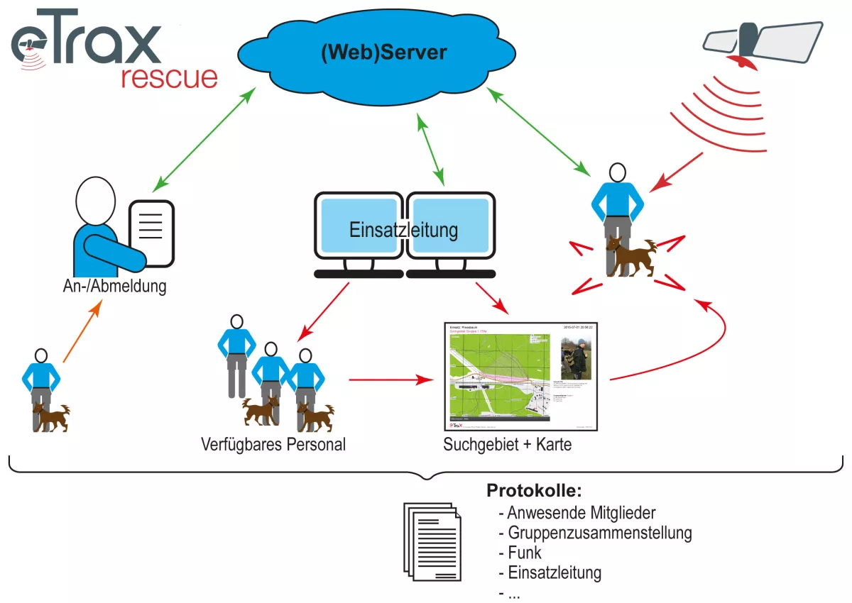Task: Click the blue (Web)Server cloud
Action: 383,53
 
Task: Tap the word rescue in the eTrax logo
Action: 169,77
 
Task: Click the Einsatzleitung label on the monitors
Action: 403,230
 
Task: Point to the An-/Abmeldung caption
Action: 114,287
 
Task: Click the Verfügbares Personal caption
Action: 273,446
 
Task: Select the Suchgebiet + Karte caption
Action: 507,446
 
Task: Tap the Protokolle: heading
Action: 534,491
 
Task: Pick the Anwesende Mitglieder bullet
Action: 577,512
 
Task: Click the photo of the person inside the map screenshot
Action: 577,359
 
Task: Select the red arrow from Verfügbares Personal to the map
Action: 391,380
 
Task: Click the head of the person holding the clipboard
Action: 95,201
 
